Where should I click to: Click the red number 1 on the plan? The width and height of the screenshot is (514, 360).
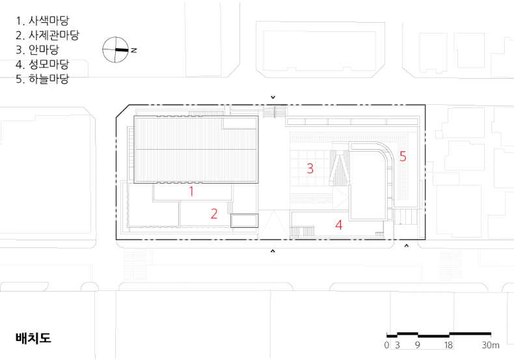(x=191, y=191)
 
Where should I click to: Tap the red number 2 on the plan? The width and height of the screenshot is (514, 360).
(x=214, y=214)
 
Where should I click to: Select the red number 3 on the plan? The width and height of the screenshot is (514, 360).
(x=310, y=168)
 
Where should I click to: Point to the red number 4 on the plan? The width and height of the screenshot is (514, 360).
(x=338, y=225)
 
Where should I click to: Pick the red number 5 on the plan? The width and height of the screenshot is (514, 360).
(x=403, y=156)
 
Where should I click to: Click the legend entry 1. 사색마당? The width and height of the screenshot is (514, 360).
(x=42, y=21)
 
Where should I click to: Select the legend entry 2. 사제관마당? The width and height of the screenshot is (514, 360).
(x=47, y=35)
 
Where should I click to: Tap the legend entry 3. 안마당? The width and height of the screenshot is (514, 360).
(x=37, y=49)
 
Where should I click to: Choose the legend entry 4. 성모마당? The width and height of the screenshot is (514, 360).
(x=42, y=64)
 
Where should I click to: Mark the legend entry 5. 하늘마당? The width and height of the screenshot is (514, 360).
(x=42, y=79)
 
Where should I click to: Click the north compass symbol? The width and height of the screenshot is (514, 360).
(x=115, y=50)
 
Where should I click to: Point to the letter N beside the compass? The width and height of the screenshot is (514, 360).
(x=134, y=50)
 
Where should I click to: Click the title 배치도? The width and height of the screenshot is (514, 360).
(x=33, y=338)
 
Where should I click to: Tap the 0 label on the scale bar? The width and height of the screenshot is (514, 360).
(x=387, y=345)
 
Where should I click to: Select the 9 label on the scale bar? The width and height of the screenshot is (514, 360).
(x=417, y=345)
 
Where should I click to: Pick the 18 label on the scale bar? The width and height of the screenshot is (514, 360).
(x=448, y=345)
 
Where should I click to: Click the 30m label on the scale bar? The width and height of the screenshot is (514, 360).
(x=491, y=345)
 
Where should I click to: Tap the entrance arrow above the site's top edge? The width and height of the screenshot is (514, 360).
(x=273, y=98)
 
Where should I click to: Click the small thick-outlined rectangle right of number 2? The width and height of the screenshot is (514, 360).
(x=244, y=221)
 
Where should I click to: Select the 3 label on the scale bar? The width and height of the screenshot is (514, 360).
(x=398, y=345)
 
